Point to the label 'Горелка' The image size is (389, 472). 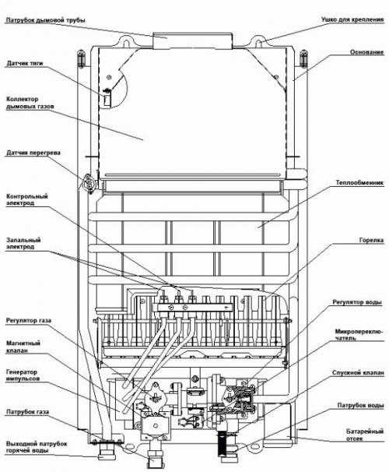pos(371,241)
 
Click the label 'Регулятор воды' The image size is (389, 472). pos(355,301)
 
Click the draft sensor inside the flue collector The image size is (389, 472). pos(107,96)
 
